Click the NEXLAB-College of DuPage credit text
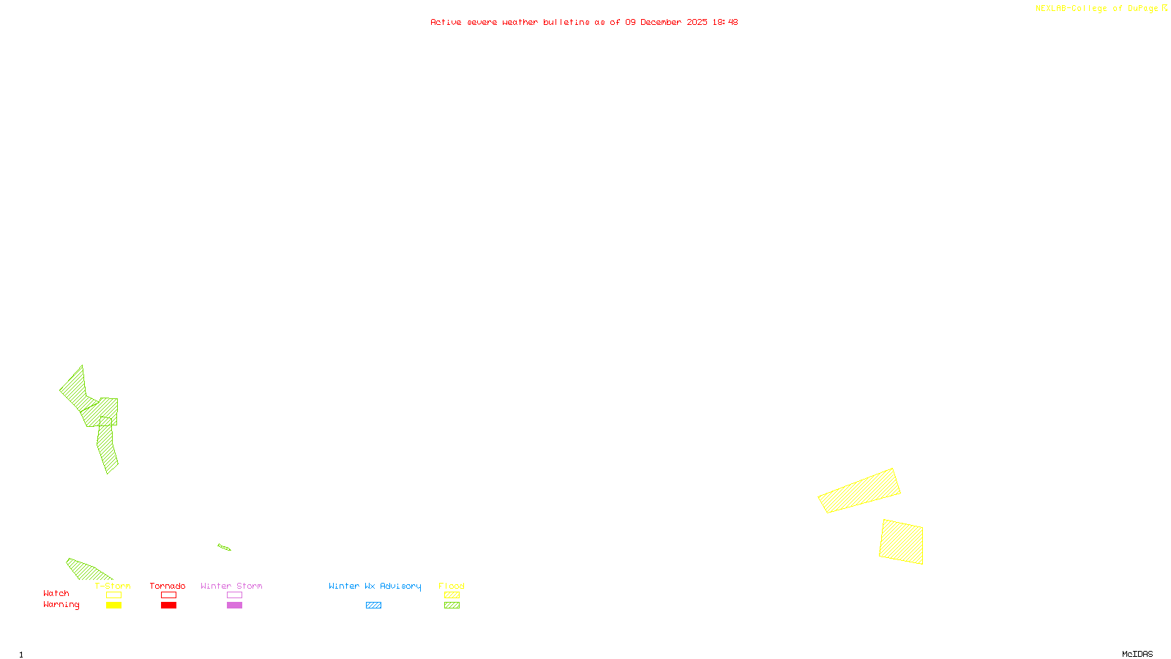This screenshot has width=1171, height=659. tap(1097, 9)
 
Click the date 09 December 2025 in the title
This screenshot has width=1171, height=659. tap(666, 22)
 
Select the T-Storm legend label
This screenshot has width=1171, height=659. tap(113, 586)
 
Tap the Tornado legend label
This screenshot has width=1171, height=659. tap(168, 586)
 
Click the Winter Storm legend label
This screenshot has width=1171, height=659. tap(231, 586)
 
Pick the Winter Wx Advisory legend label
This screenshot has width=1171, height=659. tap(375, 586)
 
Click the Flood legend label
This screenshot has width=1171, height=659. tap(452, 586)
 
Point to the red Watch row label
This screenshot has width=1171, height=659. tap(56, 593)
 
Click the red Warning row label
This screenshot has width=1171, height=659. tap(61, 605)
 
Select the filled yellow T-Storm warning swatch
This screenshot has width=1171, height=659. tap(113, 606)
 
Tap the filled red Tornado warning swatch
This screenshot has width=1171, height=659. tap(168, 606)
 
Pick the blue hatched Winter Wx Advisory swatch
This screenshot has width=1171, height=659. tap(373, 606)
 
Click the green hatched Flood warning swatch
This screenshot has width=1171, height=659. tap(452, 606)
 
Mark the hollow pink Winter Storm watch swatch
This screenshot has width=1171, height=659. tap(234, 595)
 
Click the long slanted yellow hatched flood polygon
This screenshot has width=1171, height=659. tap(859, 491)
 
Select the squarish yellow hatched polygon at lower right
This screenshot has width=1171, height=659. tap(901, 542)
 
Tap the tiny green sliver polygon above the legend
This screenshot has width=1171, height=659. tap(224, 547)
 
